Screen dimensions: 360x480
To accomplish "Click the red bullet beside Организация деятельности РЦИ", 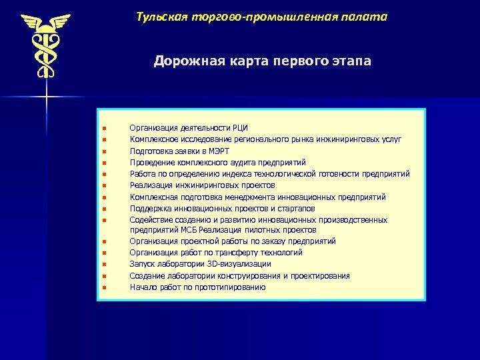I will tap(105, 128).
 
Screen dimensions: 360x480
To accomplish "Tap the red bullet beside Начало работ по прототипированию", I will tap(105, 288).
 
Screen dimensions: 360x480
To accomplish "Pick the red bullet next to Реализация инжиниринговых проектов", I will tap(105, 185).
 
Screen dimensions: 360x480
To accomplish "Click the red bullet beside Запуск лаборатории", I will tap(105, 265).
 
